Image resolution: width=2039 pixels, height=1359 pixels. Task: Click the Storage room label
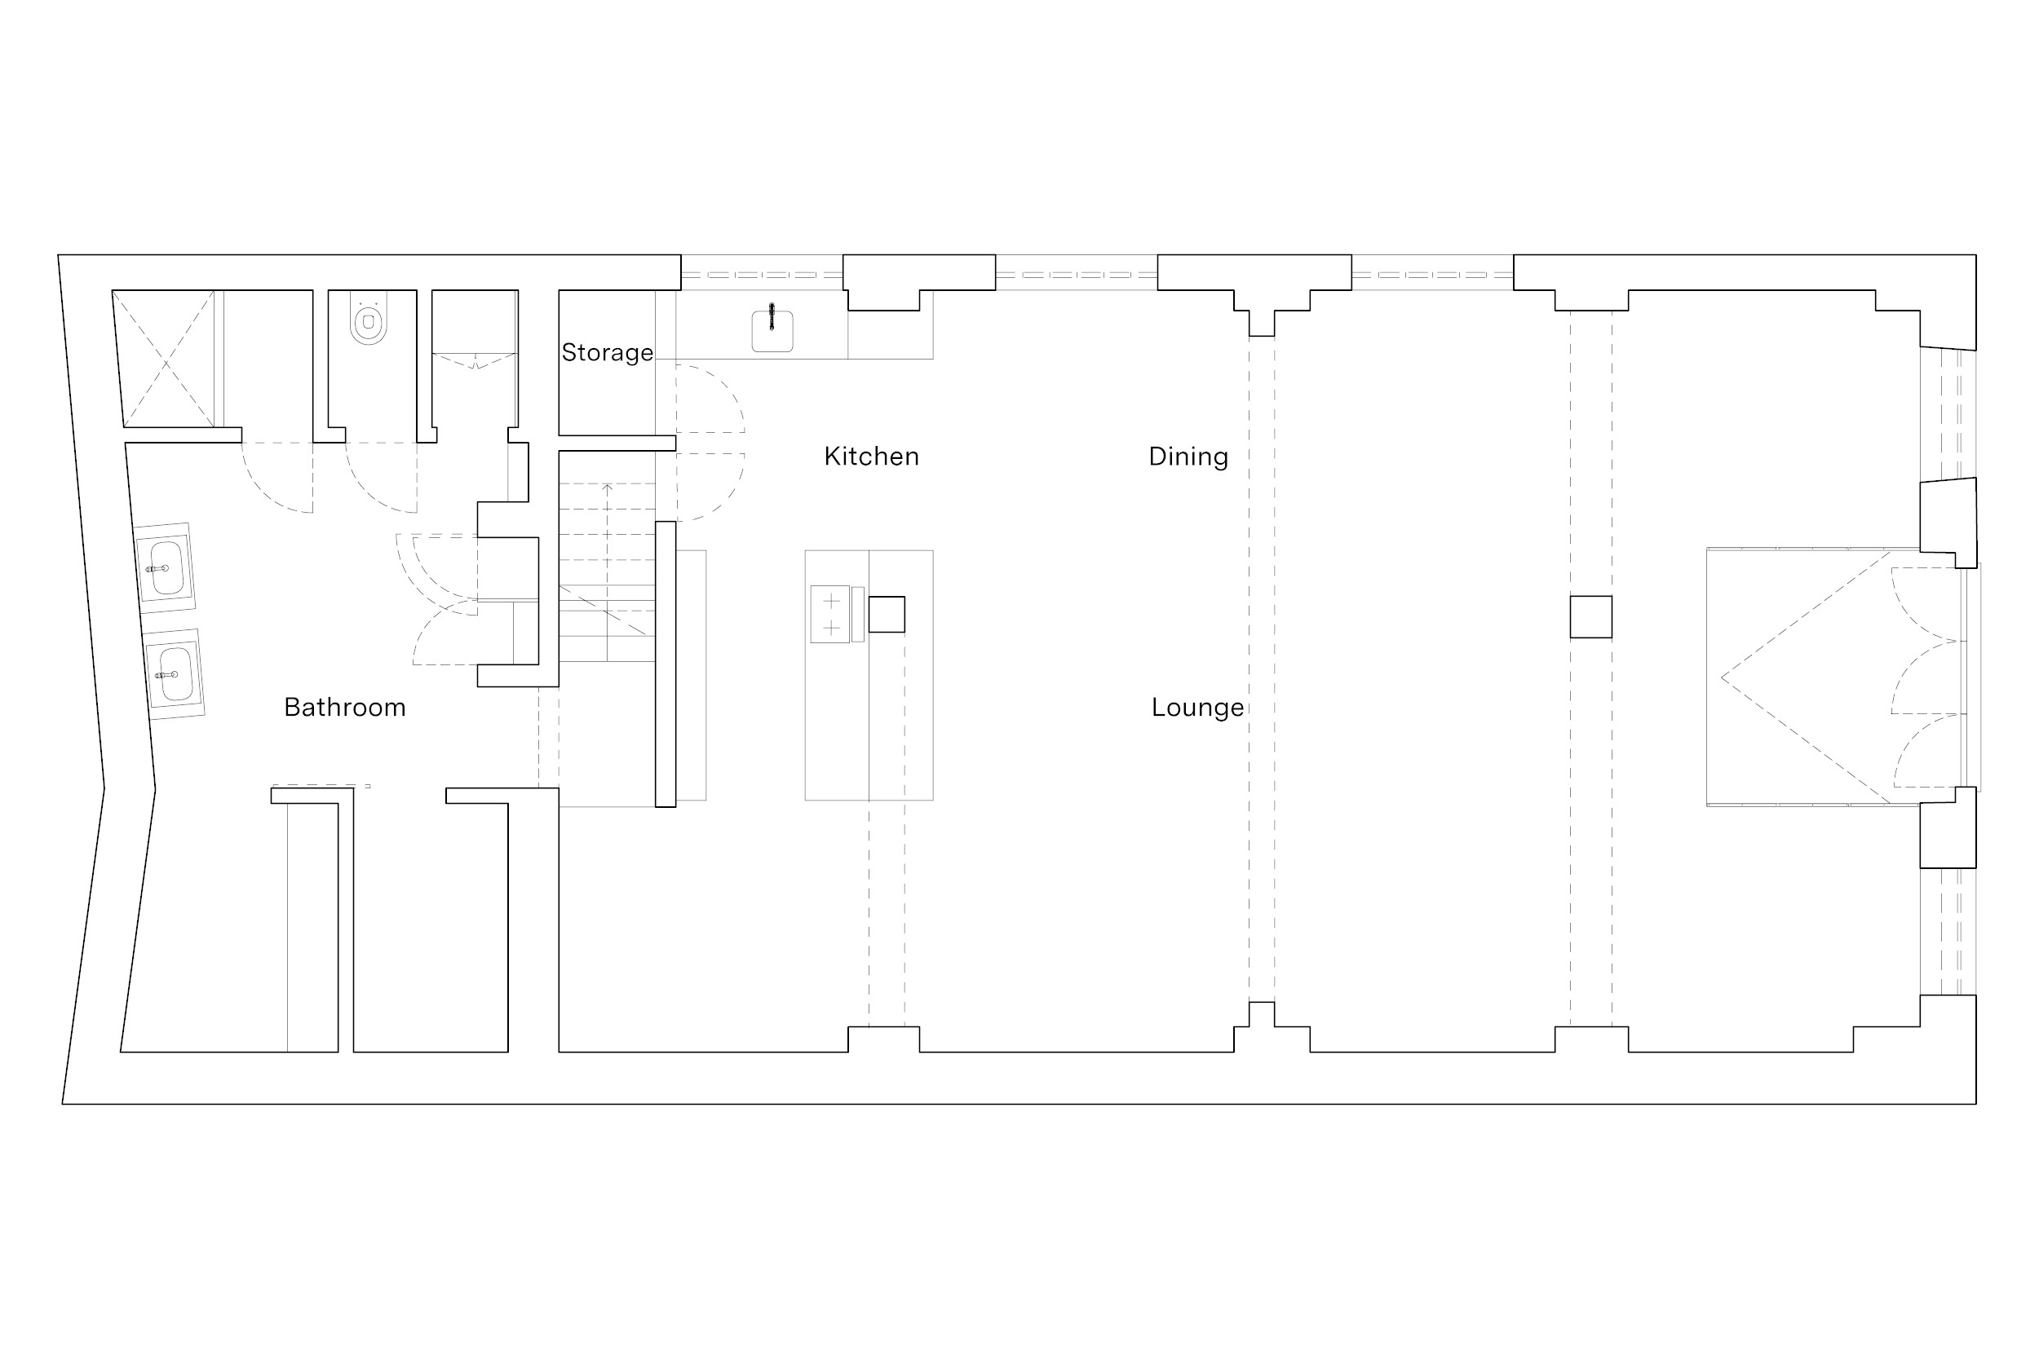[x=607, y=353]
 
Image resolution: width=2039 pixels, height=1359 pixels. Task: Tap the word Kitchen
[x=871, y=456]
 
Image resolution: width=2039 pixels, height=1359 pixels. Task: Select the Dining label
[x=1188, y=457]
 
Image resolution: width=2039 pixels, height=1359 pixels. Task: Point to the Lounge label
[x=1198, y=708]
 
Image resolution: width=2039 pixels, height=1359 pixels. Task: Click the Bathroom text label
[x=345, y=708]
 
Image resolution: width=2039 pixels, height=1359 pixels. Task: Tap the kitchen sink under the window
[x=772, y=331]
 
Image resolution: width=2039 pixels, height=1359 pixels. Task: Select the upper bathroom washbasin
[x=164, y=567]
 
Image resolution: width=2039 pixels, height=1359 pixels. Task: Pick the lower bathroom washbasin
[x=174, y=673]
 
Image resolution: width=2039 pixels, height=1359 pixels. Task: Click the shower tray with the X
[x=164, y=359]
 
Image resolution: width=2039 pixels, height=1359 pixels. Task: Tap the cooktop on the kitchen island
[x=829, y=614]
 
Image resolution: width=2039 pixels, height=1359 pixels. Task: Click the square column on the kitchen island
[x=887, y=615]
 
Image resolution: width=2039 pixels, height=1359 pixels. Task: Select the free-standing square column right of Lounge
[x=1590, y=617]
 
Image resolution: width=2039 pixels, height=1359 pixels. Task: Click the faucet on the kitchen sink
[x=772, y=316]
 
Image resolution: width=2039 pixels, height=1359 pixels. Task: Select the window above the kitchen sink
[x=762, y=275]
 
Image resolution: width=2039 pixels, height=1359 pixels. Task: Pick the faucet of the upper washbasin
[x=157, y=568]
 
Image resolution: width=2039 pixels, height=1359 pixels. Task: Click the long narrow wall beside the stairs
[x=665, y=664]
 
